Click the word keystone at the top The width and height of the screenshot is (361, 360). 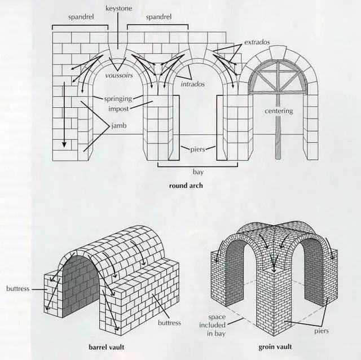coord(119,8)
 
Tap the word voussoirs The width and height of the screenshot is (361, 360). coord(119,75)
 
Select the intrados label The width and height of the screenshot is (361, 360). coord(193,84)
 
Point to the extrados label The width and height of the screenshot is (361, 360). coord(257,42)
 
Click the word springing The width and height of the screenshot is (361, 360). coord(118,99)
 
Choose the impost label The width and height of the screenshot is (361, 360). coord(118,109)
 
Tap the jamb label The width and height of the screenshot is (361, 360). coord(119,126)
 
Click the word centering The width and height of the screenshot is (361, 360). coord(279,111)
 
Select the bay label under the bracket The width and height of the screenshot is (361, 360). coord(198,172)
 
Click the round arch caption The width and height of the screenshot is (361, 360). coord(186,186)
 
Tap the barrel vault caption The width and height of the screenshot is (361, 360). coord(107,347)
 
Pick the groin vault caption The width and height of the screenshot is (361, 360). coord(275,346)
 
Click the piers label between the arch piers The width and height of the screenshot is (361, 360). coord(198,150)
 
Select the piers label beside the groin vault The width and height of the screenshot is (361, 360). coord(322,331)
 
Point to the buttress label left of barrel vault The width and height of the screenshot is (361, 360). coord(17,288)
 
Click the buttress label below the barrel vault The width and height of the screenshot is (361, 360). coord(169,323)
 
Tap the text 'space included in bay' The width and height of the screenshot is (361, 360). coord(213,325)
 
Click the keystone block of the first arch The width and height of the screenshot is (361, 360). coord(118,50)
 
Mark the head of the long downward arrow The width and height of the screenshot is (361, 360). coord(64,144)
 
